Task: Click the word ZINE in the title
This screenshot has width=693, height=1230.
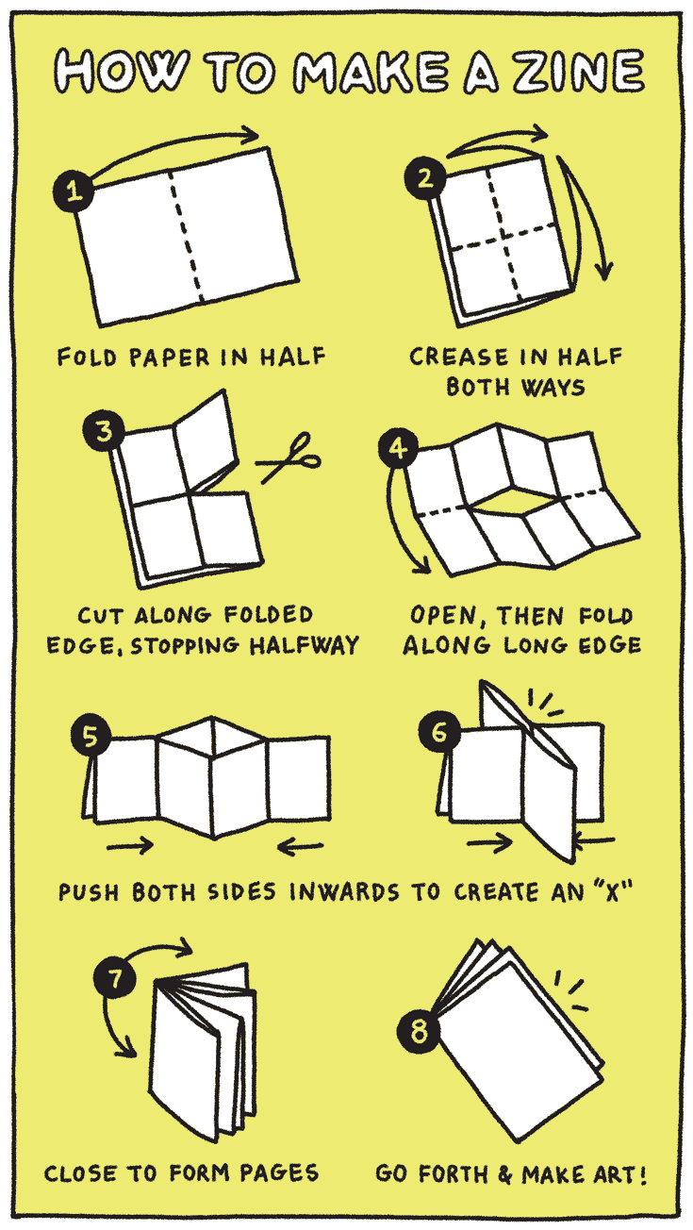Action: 579,72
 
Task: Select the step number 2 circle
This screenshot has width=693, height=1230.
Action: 425,177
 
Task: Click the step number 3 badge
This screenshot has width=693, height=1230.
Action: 104,431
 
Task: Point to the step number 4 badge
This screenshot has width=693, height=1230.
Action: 398,448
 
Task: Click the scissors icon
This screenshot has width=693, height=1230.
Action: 289,457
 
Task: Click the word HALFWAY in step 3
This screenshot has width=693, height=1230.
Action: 305,645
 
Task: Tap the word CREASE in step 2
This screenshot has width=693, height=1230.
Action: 459,357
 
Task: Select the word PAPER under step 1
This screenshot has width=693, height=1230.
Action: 170,357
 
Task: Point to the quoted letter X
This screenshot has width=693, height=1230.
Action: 612,891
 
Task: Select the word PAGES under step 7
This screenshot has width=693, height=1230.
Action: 279,1172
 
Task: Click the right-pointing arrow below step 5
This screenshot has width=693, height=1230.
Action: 130,845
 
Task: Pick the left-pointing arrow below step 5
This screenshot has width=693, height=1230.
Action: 301,846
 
